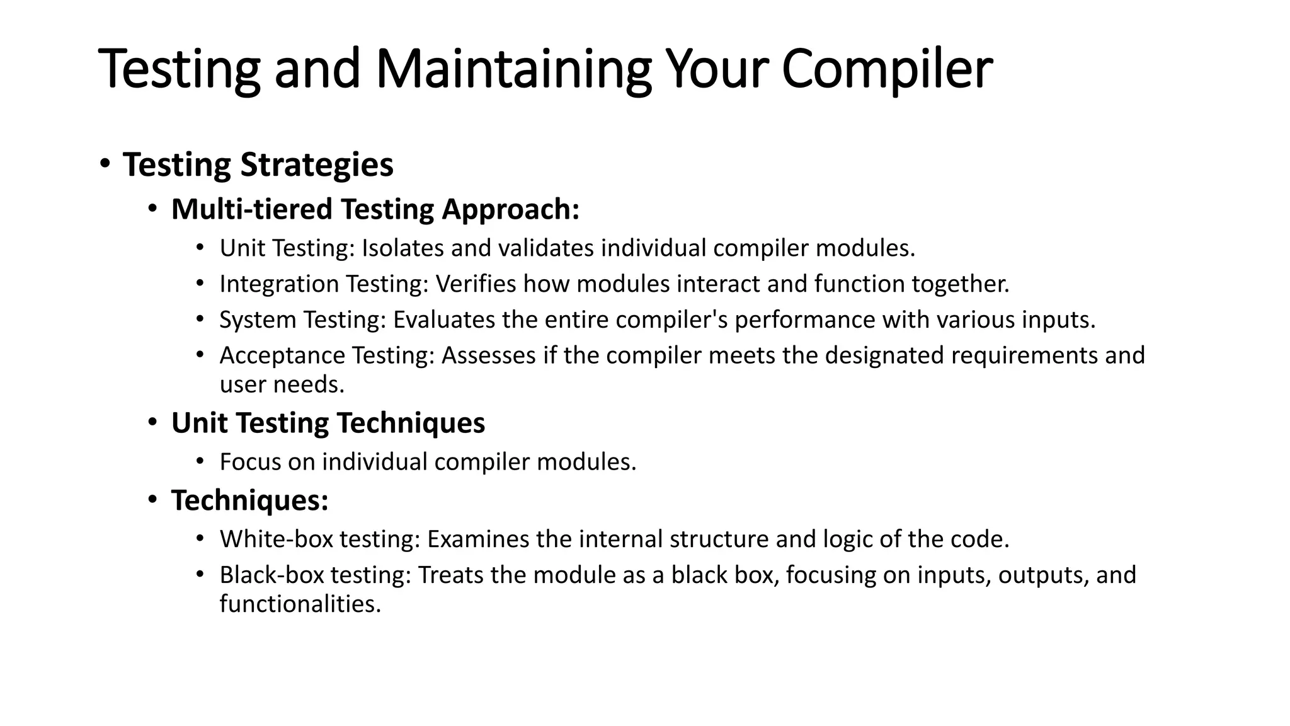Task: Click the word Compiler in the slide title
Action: (887, 69)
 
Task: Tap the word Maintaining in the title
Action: (513, 69)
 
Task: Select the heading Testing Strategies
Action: (258, 165)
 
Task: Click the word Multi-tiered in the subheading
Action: (251, 209)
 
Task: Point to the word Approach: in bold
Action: (510, 209)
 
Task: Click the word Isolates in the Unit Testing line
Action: (402, 248)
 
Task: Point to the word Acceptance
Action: (282, 356)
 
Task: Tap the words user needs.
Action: (282, 384)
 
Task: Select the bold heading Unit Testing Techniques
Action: (328, 423)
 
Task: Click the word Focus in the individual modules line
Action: (250, 462)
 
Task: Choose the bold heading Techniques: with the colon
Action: (249, 500)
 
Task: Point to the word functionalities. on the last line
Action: (300, 604)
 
